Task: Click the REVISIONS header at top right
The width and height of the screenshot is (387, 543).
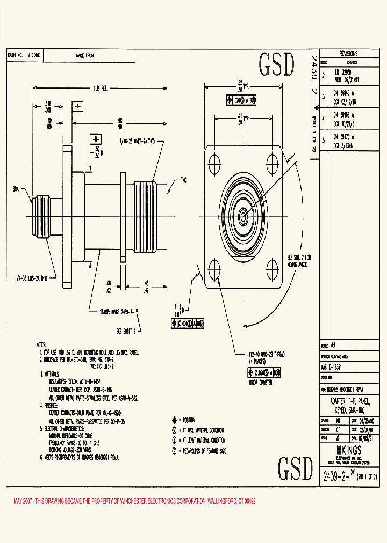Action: [348, 54]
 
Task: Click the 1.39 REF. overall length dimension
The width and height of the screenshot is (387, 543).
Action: [101, 87]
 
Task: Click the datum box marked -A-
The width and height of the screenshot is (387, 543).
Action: [77, 107]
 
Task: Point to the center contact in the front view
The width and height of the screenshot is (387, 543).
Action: [243, 216]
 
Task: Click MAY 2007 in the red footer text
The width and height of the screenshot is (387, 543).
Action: [25, 501]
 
